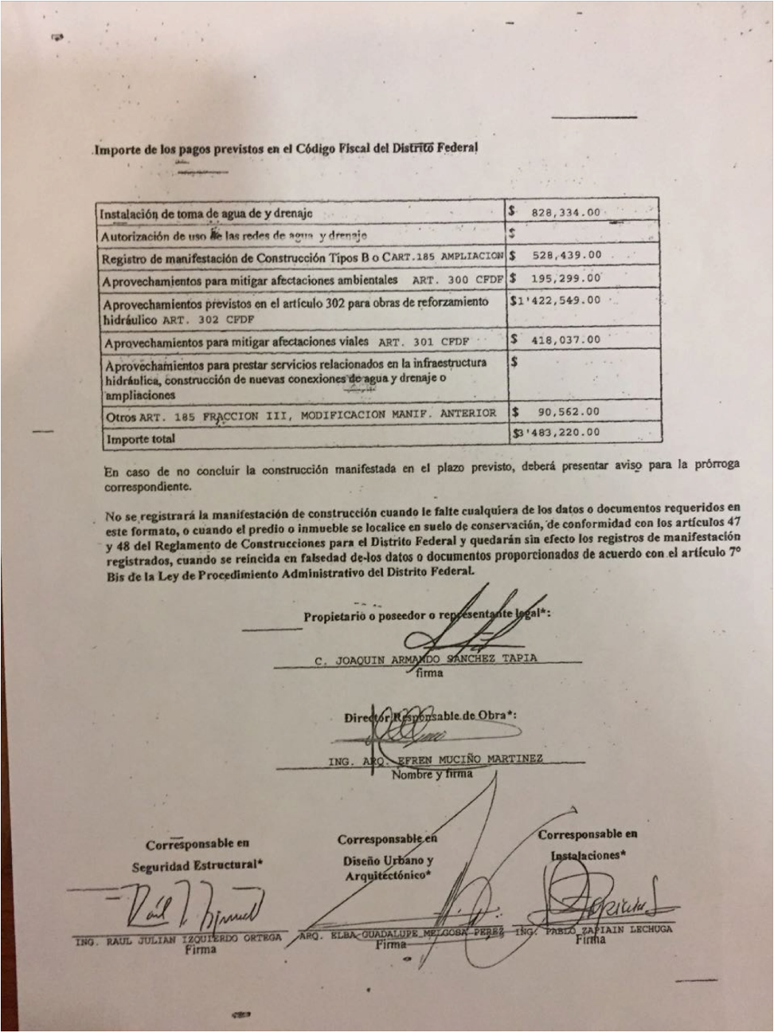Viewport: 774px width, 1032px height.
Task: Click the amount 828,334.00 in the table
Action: coord(565,213)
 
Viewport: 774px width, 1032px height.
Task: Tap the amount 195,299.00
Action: coord(565,278)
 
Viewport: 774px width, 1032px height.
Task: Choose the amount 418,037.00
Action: coord(565,339)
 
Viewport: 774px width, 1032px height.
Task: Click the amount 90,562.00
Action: coord(567,412)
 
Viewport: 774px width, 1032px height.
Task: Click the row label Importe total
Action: coord(140,438)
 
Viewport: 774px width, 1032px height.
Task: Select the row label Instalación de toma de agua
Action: coord(205,214)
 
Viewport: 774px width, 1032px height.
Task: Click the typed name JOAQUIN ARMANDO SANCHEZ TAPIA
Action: coord(426,659)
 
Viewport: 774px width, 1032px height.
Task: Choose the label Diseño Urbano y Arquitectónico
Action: coord(388,868)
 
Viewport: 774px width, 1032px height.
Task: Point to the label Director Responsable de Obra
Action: coord(431,715)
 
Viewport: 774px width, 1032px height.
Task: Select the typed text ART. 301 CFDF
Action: coord(424,343)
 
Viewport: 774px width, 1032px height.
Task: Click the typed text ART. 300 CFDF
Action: coord(458,281)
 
